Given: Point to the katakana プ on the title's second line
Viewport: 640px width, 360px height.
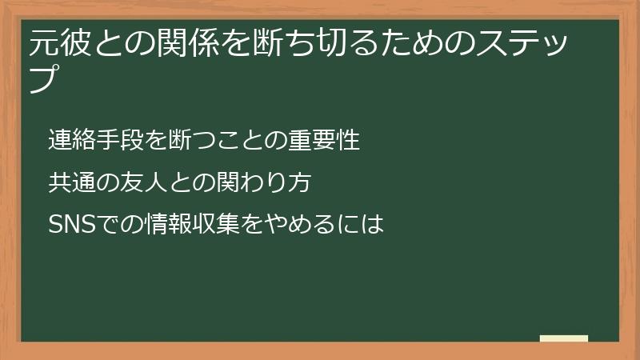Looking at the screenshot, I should [x=44, y=78].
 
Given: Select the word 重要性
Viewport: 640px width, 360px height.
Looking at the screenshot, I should [x=330, y=140].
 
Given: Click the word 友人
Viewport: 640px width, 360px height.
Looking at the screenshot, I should [x=139, y=182].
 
